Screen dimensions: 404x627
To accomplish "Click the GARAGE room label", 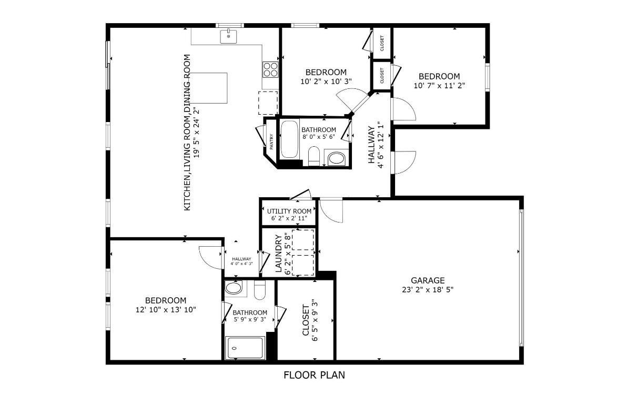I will (428, 280).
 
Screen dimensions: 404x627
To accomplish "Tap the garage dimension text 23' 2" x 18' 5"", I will (428, 289).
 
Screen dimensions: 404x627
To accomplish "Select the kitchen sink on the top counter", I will (228, 36).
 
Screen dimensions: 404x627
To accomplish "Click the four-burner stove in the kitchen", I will (270, 69).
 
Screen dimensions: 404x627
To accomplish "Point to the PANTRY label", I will (271, 143).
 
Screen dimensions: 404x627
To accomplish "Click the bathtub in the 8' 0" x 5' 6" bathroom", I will (289, 139).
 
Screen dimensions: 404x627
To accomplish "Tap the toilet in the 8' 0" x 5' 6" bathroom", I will (313, 155).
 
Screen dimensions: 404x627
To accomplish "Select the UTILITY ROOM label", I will (289, 211).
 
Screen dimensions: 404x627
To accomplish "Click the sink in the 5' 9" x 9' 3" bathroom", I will (232, 288).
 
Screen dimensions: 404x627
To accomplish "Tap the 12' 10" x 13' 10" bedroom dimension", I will (166, 310).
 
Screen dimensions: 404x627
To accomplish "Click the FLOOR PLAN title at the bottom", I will (314, 375).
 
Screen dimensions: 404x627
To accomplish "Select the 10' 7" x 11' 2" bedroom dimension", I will (439, 85).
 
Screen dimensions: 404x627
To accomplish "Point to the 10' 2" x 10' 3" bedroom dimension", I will (326, 81).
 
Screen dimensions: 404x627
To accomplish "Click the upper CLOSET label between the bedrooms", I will (382, 43).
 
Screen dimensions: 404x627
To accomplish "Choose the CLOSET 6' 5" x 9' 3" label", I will (310, 320).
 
